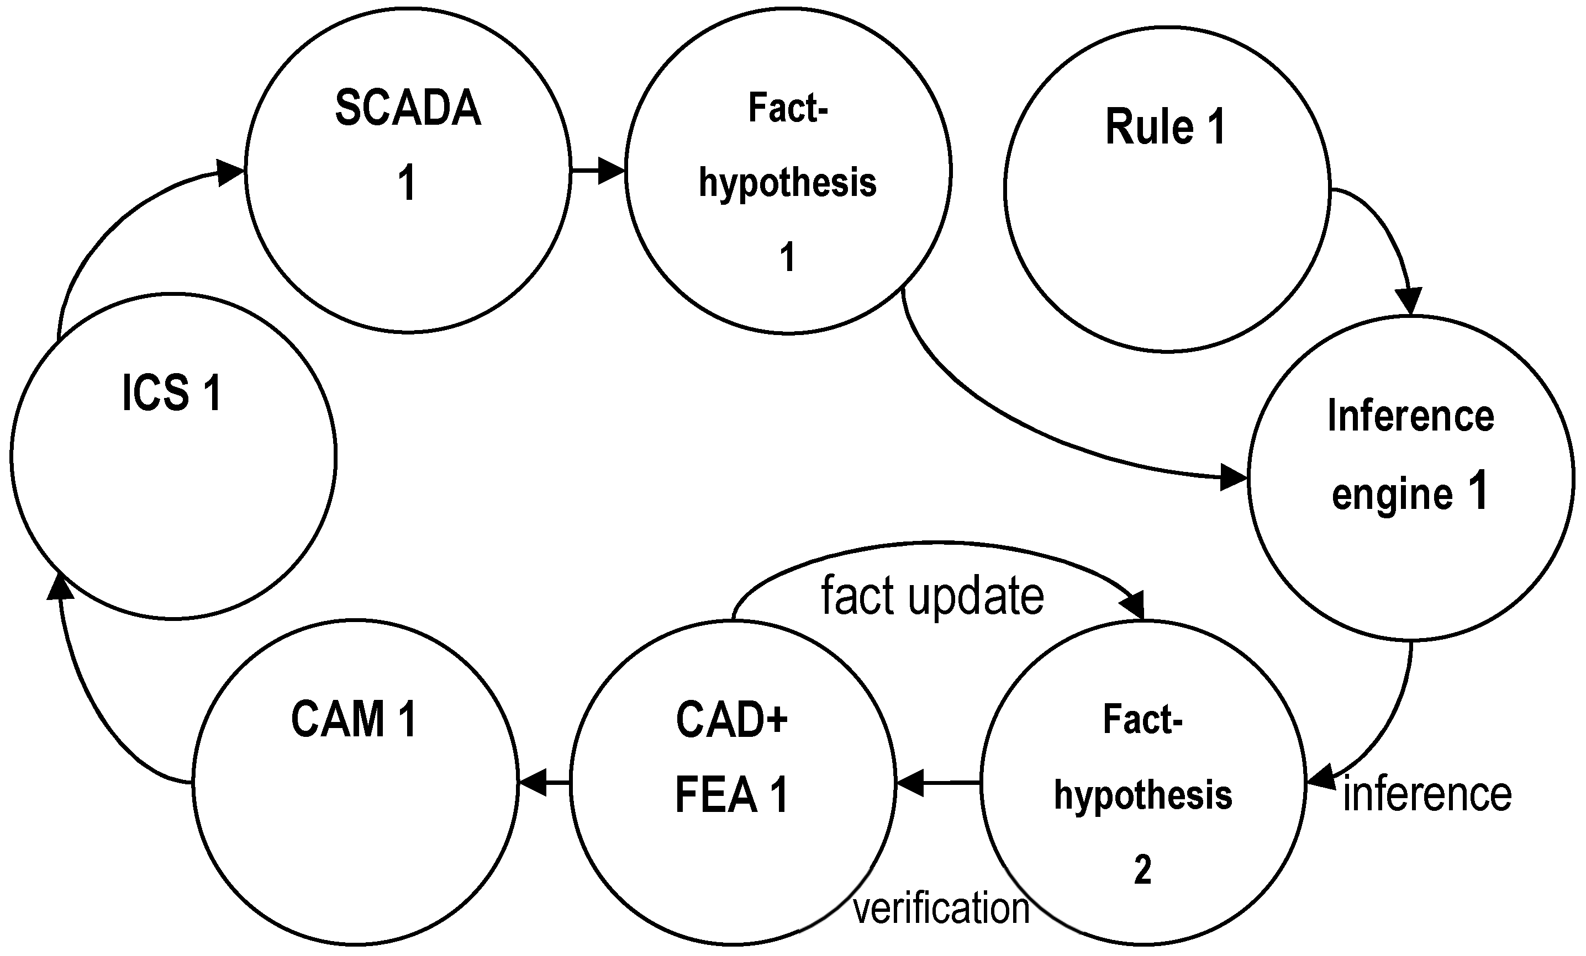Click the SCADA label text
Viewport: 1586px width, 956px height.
tap(408, 108)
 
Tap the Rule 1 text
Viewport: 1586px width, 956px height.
tap(1165, 127)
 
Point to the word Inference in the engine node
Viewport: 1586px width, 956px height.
tap(1410, 416)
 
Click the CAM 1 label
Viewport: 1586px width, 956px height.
tap(354, 719)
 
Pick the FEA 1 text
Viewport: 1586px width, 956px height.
tap(732, 795)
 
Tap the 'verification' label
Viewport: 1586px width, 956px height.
tap(941, 909)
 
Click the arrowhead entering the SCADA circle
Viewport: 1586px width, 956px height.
tap(229, 172)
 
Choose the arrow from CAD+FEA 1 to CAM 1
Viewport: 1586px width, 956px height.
tap(544, 783)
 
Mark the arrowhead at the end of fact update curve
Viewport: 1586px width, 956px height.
tap(1134, 605)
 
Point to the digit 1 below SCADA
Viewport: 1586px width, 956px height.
tap(407, 183)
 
